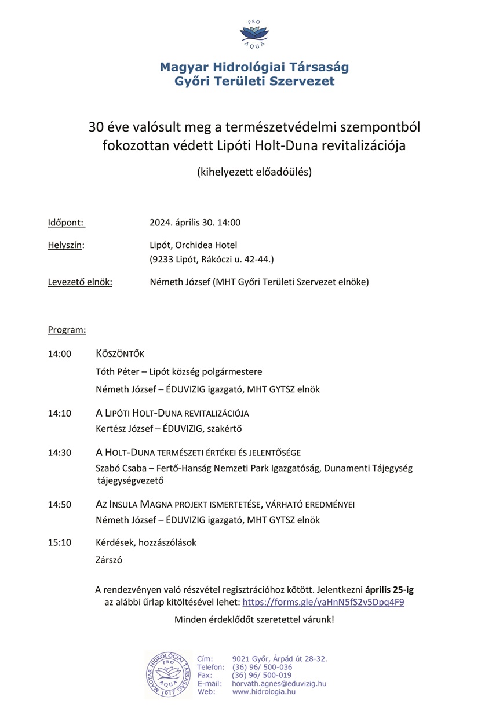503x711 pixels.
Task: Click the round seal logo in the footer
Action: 167,674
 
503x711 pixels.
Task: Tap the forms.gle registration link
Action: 323,602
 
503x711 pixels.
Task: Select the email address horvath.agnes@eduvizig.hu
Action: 279,683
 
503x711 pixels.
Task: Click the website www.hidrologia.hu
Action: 264,691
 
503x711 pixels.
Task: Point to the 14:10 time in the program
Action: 59,413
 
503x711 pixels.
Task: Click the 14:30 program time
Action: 59,453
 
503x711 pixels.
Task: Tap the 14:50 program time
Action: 59,505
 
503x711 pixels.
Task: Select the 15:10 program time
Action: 59,543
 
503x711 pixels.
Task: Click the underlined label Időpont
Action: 66,223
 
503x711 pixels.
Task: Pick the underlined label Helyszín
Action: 65,245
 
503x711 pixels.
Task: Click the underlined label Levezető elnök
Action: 80,282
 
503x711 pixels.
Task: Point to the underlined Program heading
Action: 67,330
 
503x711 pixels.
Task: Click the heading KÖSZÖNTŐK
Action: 120,354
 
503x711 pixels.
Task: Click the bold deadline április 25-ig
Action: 389,590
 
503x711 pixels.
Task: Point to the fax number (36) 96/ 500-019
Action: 261,675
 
